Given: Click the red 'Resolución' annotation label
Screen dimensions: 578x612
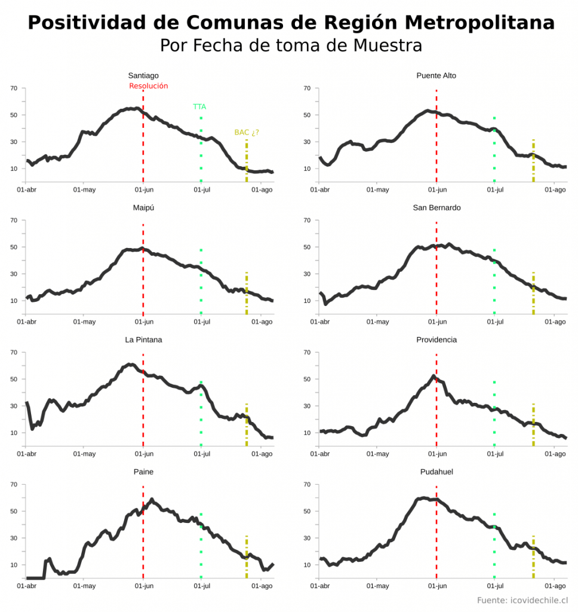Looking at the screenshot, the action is (149, 86).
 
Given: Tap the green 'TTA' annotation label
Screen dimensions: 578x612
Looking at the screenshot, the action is (199, 106).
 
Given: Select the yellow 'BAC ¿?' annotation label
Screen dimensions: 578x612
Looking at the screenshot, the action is (247, 132).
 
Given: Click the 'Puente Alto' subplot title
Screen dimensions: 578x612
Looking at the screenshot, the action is (436, 75).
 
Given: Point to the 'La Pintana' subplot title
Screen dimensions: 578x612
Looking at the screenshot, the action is (143, 339).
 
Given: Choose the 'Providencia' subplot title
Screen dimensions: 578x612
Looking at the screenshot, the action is (436, 339).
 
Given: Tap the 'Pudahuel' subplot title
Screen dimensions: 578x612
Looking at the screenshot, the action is (436, 472).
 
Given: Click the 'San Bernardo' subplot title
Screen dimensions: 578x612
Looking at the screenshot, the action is (436, 207).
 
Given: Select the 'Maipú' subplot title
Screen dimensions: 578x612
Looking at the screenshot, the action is (143, 207).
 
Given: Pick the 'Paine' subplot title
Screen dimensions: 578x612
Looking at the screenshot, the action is (143, 472).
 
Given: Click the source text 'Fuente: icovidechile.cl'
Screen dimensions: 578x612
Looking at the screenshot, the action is (522, 600).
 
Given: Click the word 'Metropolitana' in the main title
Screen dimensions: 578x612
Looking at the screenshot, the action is (479, 23).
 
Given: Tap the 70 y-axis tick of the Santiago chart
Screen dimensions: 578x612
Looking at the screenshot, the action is (14, 88).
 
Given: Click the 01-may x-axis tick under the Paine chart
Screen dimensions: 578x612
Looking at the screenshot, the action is (84, 586).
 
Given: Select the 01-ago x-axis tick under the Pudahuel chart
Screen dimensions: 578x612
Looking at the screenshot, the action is (555, 586).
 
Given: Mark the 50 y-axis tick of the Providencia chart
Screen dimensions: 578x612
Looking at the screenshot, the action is (307, 379).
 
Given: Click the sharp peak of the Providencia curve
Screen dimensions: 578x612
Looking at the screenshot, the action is (433, 376).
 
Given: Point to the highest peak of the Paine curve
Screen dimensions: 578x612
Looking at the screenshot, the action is (152, 499).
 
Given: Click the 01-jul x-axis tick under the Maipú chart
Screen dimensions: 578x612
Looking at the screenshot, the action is (202, 322).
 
